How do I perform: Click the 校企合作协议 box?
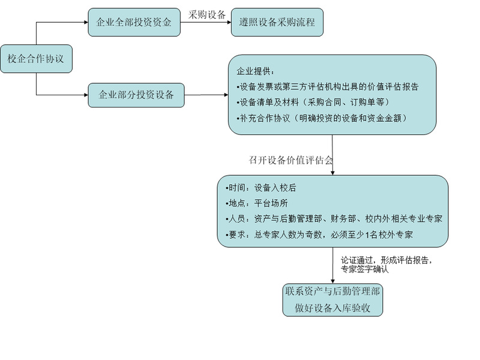point(36,59)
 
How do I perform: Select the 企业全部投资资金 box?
point(134,22)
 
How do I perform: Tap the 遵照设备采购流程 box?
point(277,22)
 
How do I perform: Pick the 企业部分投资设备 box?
point(136,95)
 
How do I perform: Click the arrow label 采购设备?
point(207,14)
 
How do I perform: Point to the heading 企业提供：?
point(256,71)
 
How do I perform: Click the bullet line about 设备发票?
point(327,87)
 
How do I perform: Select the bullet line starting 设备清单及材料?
point(313,102)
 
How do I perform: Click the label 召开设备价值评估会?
point(290,160)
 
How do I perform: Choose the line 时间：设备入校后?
point(261,188)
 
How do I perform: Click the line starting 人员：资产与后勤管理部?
point(334,218)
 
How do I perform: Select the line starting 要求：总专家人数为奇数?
point(319,235)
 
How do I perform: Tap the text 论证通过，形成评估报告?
point(386,260)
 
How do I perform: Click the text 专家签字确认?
point(365,269)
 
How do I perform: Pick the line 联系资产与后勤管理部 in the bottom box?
point(332,291)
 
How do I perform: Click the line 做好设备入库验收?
point(332,308)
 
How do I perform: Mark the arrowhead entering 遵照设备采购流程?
point(229,22)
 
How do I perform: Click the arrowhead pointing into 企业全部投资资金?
point(86,22)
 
